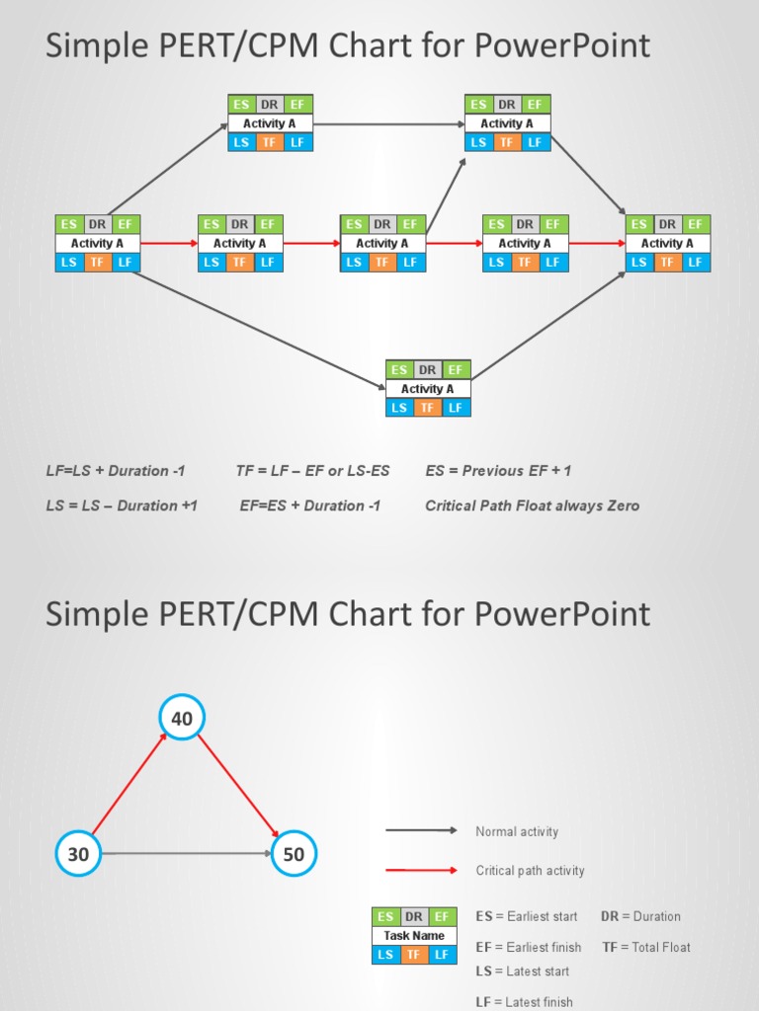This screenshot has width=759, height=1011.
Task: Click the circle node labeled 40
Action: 182,719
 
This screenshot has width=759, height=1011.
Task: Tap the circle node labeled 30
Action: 78,854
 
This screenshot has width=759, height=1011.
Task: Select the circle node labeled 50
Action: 294,854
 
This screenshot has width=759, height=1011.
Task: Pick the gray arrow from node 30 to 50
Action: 186,854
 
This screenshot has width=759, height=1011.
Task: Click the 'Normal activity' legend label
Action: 517,831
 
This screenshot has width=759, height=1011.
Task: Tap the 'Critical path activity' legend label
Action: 530,871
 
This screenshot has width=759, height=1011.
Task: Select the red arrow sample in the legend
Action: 421,871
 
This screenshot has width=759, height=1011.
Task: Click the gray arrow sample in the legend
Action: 421,831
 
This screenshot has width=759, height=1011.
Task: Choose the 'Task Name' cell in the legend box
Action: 414,936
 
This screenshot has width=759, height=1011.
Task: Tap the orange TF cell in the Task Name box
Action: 414,955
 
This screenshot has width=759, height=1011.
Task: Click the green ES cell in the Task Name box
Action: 385,917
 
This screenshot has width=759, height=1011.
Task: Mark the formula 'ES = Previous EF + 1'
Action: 498,471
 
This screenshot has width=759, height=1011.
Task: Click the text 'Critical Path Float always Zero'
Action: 532,505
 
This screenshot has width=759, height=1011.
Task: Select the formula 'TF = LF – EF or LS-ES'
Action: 312,471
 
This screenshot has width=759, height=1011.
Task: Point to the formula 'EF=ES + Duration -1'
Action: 310,505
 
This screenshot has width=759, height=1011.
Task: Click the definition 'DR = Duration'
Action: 640,916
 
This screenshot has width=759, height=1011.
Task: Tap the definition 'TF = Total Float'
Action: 646,947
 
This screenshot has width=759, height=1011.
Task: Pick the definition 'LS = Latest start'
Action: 522,972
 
